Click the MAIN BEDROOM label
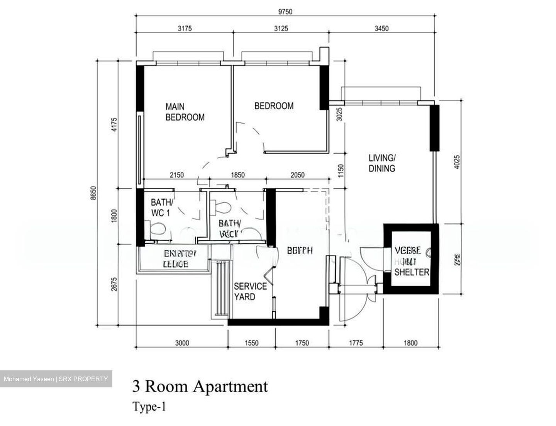point(185,112)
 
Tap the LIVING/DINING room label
point(381,163)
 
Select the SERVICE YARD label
point(250,291)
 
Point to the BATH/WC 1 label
point(162,207)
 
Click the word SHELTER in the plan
point(412,272)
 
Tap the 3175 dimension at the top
point(184,29)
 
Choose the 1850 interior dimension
point(237,175)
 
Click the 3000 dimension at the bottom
point(182,343)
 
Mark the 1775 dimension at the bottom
point(356,343)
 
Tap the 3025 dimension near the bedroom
point(339,115)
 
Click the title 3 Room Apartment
point(200,386)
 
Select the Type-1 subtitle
point(149,407)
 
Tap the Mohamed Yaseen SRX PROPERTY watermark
point(56,379)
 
